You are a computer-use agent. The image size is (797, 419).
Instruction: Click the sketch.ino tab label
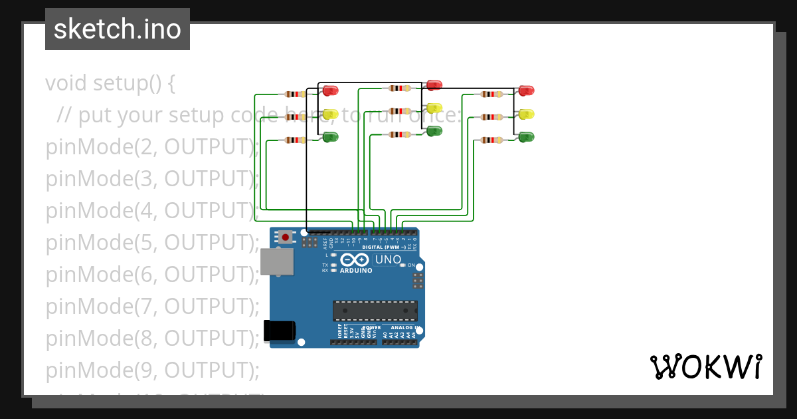118,29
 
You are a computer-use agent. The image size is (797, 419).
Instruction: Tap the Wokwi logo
705,366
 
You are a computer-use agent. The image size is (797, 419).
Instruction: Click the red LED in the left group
330,90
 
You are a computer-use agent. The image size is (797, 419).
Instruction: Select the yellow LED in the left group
330,114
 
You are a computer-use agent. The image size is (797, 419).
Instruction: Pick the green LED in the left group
330,137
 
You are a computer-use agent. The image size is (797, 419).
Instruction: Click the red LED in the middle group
434,84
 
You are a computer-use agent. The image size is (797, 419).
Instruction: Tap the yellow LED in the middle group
434,108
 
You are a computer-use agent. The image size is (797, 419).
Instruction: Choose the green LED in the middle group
434,131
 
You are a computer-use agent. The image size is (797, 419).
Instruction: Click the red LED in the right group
526,90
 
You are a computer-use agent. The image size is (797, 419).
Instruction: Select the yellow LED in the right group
526,114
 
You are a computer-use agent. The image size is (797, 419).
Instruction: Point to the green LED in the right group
526,137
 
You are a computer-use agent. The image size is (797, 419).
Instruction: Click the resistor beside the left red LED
295,94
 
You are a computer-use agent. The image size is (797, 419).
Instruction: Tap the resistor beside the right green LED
491,140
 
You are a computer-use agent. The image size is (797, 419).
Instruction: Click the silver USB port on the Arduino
276,261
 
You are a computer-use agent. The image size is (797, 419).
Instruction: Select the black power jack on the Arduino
279,331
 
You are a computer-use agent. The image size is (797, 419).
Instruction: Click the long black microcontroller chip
375,311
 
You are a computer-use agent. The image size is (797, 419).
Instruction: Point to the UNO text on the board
388,259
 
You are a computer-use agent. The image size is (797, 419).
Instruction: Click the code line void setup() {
110,83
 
